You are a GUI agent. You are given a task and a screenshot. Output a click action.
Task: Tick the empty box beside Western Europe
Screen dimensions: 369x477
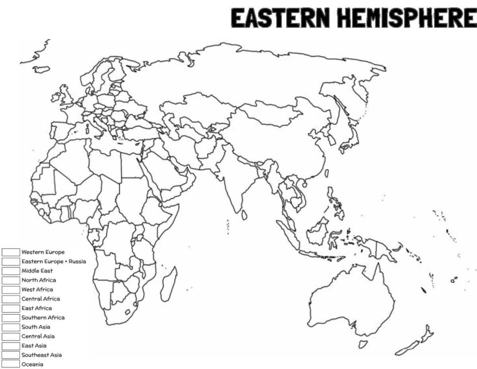11,252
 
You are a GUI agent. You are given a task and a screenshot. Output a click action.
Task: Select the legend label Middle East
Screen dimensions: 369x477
37,271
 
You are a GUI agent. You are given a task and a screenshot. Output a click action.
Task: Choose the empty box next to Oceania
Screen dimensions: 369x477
11,364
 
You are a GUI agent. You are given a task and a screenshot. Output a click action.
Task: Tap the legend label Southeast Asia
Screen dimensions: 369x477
41,355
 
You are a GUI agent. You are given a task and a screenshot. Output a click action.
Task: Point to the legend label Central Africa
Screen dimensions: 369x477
41,299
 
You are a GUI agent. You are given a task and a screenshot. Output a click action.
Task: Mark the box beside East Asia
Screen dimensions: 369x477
11,346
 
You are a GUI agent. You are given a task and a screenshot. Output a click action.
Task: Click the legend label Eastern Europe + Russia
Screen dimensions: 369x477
54,262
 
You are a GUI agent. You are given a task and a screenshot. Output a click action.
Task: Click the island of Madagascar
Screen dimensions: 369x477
169,283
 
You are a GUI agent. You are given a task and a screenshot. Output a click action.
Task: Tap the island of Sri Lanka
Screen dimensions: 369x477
244,215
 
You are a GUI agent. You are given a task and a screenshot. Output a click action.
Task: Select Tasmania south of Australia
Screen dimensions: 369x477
363,344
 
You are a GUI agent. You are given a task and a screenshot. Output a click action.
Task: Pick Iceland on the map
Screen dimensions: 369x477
41,69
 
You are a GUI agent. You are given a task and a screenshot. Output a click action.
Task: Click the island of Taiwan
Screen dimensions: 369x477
327,174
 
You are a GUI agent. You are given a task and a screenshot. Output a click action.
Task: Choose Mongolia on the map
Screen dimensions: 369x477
270,111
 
